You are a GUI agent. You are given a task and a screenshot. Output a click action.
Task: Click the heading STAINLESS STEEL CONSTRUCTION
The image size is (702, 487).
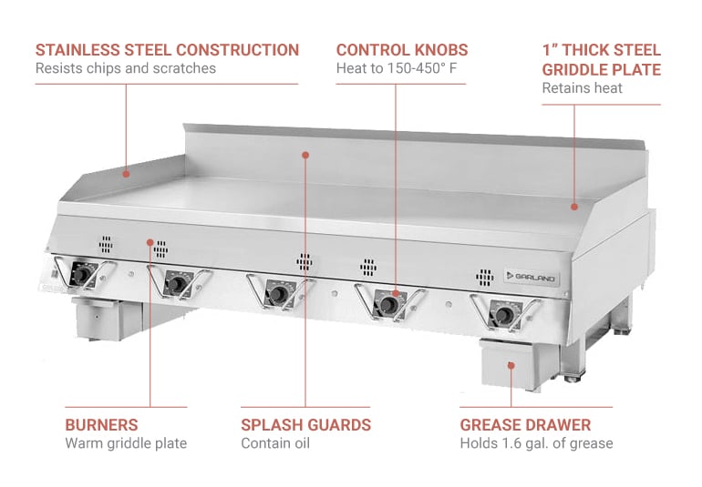click(x=167, y=50)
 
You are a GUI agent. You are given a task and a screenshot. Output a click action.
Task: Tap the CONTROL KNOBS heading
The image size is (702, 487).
click(x=402, y=50)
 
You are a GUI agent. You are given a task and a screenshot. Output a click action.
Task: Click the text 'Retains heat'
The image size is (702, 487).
click(x=582, y=88)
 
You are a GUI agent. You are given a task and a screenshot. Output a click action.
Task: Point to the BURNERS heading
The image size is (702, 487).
click(x=101, y=425)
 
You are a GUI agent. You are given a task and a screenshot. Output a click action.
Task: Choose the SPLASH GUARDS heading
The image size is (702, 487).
click(x=305, y=425)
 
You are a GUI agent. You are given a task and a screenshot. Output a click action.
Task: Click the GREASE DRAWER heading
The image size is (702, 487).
click(x=525, y=425)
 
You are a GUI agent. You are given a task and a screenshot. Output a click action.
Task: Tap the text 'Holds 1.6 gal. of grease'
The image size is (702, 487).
click(x=536, y=443)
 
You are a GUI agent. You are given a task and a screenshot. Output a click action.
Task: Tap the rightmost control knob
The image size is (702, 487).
click(x=502, y=315)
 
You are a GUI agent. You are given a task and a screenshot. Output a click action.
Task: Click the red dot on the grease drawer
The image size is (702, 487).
click(x=511, y=365)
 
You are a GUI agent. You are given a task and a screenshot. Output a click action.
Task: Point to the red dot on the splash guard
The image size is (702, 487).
click(x=305, y=156)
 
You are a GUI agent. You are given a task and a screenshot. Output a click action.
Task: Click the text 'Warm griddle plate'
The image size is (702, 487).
click(x=126, y=443)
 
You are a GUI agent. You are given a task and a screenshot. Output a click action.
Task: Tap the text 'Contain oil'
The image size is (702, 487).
click(x=275, y=443)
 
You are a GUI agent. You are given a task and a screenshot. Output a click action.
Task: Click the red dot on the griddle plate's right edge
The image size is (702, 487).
click(x=573, y=208)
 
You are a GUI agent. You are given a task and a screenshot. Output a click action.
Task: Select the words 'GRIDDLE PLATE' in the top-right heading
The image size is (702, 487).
click(x=601, y=69)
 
